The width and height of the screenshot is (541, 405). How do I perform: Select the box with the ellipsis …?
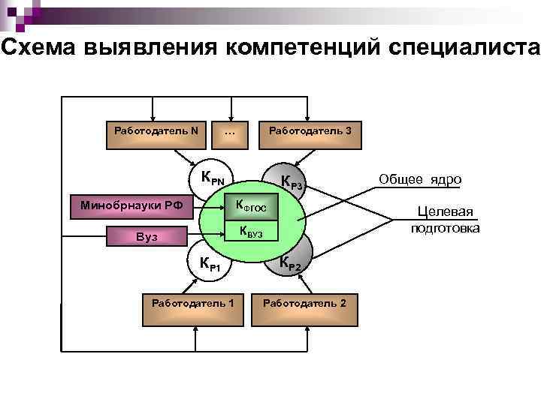[230, 133]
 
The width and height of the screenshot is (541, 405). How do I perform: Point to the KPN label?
[212, 178]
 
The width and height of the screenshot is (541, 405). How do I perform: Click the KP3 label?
[291, 182]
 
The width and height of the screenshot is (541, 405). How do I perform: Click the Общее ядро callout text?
[420, 179]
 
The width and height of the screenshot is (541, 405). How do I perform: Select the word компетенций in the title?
[304, 47]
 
